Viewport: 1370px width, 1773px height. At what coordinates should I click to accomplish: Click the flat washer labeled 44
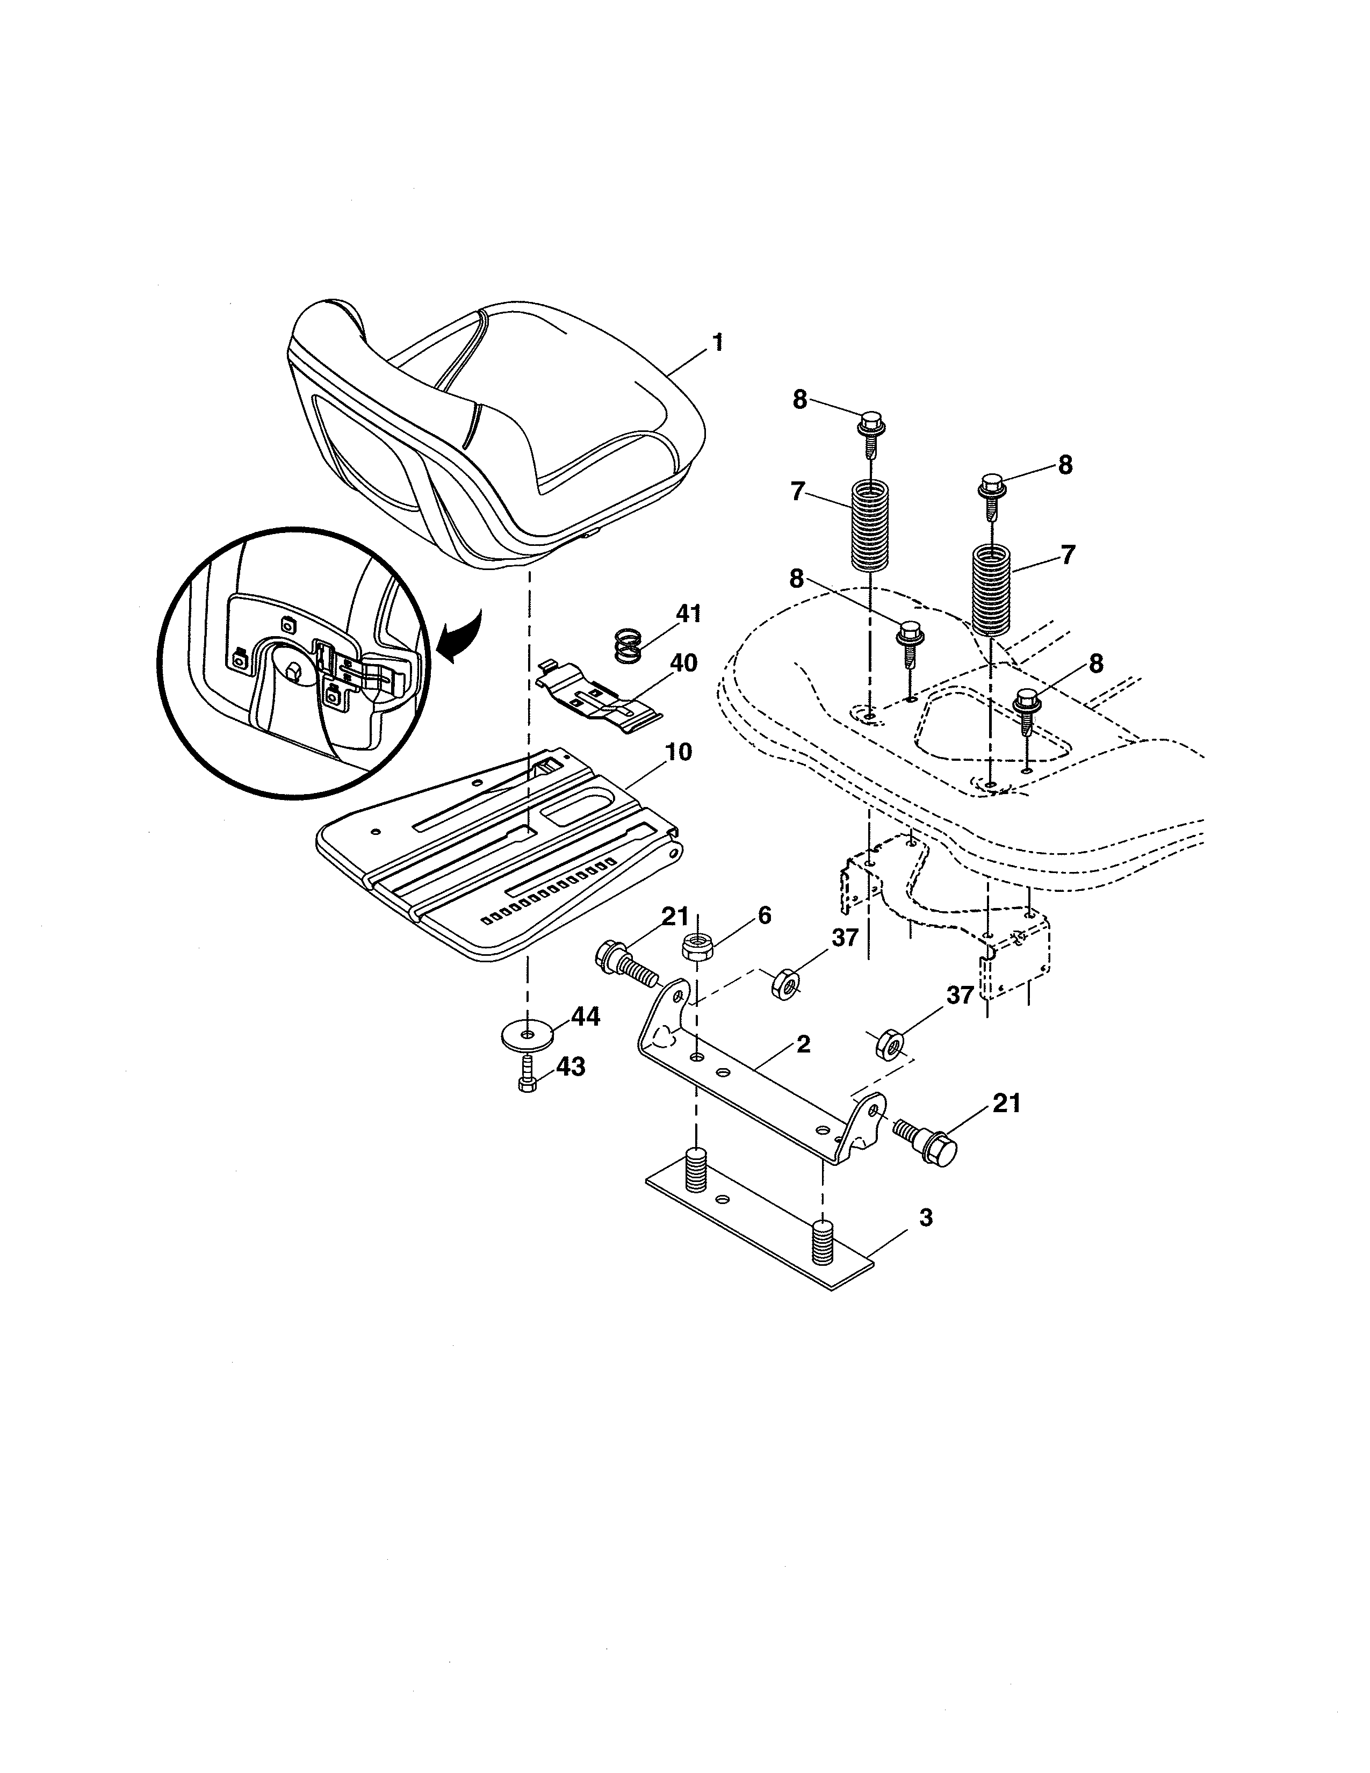528,1035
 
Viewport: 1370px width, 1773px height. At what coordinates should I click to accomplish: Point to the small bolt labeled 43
527,1077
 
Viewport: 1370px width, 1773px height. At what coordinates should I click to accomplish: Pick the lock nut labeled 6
697,947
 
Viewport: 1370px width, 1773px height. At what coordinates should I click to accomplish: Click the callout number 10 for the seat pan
679,752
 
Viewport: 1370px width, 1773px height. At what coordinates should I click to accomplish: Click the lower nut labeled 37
889,1046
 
